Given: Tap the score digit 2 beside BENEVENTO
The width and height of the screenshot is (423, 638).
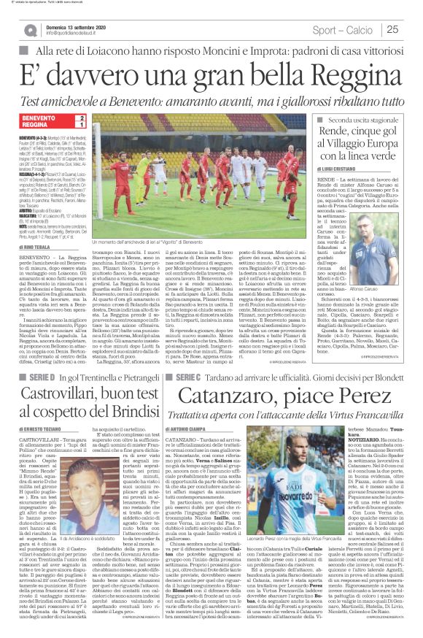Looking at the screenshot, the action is (x=82, y=118).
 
